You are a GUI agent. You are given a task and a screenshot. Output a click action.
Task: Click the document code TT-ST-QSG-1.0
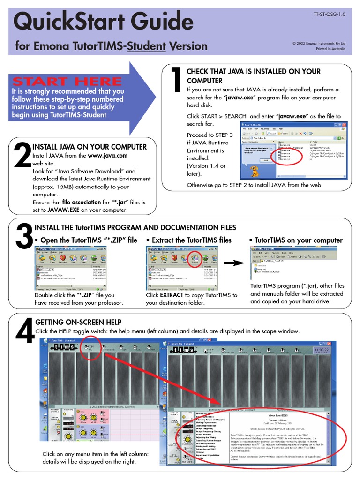[329, 15]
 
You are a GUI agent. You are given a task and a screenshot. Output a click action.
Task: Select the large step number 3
[23, 237]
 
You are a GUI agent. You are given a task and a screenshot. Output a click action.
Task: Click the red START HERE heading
[67, 81]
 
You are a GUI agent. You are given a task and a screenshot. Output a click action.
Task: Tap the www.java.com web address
[107, 156]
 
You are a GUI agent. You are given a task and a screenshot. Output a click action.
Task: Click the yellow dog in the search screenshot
[255, 171]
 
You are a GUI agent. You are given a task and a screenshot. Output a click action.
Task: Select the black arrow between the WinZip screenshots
[238, 263]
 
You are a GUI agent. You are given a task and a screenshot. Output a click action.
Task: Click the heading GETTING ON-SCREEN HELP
[78, 322]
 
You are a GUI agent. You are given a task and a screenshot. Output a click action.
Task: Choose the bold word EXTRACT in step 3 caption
[172, 295]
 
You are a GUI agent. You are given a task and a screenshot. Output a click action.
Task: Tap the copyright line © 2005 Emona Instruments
[319, 43]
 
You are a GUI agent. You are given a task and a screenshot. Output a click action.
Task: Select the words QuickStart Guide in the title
[104, 22]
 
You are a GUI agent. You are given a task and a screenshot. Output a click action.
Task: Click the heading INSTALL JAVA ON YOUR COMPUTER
[89, 147]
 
